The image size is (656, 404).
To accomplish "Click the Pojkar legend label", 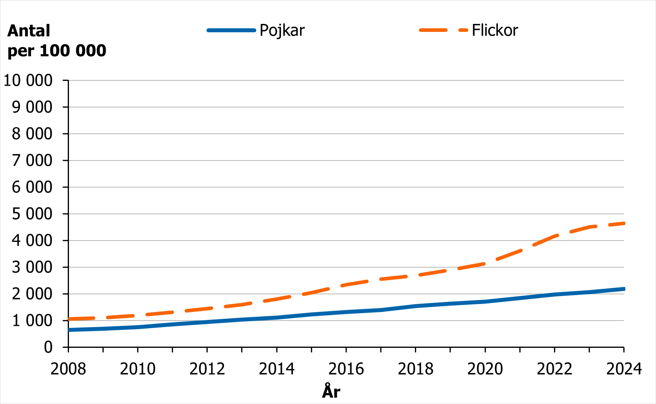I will pos(282,30).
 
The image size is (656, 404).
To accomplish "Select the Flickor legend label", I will pos(495,30).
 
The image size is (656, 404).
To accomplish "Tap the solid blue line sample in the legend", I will pos(231,30).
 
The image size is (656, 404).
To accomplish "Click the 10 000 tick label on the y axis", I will pos(28,80).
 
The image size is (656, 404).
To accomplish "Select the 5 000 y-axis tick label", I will pos(32,214).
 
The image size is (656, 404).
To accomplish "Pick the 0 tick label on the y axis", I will pos(48,347).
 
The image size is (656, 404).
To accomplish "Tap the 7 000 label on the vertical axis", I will pos(32,161).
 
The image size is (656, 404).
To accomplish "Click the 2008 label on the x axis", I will pos(68,369).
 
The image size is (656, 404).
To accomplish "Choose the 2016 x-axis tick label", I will pos(346,369).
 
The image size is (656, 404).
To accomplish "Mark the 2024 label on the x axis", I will pos(624,369).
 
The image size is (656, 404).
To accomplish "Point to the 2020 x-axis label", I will pos(485,369).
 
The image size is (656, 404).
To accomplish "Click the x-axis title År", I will pos(331,392).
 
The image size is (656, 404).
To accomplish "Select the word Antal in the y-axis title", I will pos(29,31).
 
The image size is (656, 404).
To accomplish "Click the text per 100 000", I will pos(57,51).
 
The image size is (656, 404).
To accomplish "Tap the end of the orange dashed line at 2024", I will pos(623,224).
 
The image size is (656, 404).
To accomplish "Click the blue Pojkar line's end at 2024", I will pos(623,289).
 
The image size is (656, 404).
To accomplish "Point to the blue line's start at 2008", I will pos(69,330).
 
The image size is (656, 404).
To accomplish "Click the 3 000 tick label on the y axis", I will pos(32,267).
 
